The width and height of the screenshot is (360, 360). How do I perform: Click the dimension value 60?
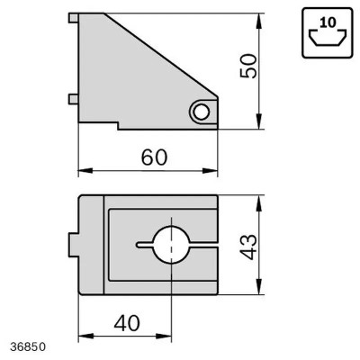tap(154, 155)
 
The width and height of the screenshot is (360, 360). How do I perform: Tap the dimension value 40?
tap(126, 322)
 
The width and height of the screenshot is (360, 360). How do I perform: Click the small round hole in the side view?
tap(201, 111)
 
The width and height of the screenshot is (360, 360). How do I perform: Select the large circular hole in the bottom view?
tap(171, 244)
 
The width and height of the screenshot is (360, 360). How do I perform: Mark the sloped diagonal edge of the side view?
tap(162, 53)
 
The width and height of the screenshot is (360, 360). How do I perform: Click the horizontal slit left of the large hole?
tap(145, 244)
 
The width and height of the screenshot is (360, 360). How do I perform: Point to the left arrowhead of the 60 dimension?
tap(83, 170)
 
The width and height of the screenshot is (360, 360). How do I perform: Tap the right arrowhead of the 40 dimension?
tap(166, 337)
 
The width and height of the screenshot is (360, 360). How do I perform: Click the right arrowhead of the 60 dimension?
tap(215, 170)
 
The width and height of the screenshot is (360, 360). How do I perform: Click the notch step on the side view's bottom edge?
tap(119, 126)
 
